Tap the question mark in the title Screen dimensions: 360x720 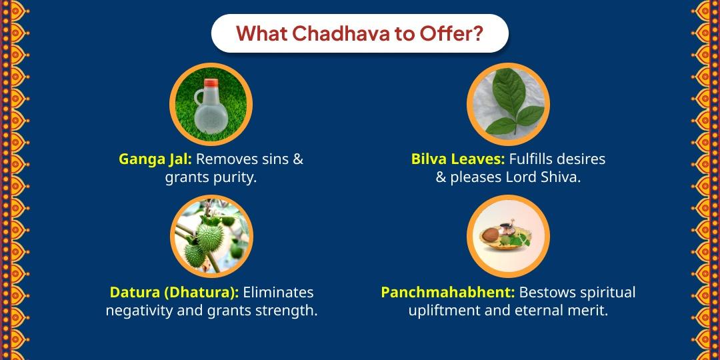[x=478, y=33]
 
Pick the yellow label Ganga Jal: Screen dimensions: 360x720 [x=155, y=160]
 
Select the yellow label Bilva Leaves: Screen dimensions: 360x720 [x=458, y=160]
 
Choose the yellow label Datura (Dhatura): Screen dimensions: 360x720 [x=174, y=293]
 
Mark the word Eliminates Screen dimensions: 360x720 [x=278, y=293]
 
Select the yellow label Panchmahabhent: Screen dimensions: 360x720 [x=448, y=293]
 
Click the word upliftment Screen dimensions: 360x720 [x=445, y=311]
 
